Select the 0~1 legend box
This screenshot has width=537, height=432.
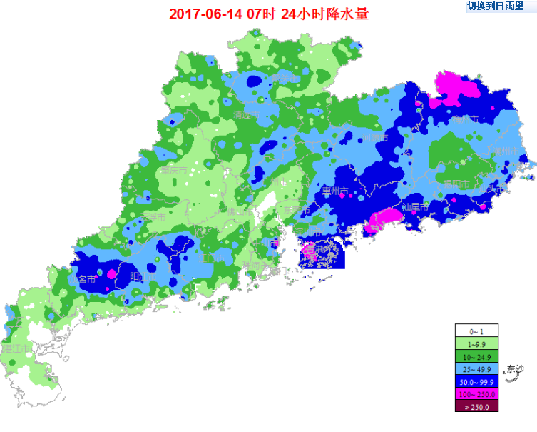476,331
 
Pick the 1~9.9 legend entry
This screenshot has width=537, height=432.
476,344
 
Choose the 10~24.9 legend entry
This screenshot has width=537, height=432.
476,356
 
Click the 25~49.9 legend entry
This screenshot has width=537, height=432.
476,369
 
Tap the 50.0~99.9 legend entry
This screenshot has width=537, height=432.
476,381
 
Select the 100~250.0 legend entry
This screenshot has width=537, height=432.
476,394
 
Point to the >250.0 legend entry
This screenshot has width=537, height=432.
476,406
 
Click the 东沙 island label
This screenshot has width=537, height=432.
513,369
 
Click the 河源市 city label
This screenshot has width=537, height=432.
374,137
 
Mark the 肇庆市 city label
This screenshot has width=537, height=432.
173,171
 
